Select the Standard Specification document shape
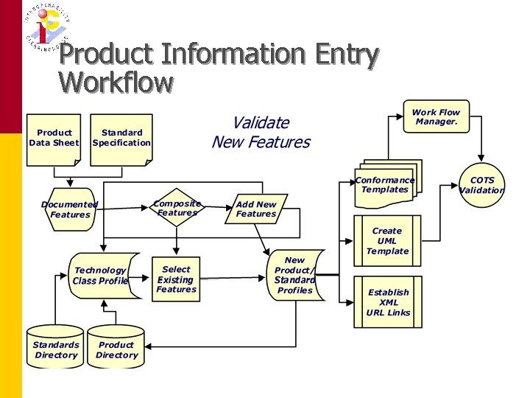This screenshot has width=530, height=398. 121,139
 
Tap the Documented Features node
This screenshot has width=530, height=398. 70,209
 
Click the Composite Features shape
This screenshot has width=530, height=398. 177,209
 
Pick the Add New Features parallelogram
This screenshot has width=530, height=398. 256,209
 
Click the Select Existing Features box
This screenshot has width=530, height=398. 176,279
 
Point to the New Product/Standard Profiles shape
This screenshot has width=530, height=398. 294,276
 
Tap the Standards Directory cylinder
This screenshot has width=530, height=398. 56,348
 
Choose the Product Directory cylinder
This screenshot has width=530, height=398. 116,348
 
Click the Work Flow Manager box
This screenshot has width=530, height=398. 436,116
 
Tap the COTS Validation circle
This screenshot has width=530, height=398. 482,185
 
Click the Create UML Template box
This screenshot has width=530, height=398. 387,241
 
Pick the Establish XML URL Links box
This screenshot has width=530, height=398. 387,302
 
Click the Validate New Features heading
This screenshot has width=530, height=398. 261,133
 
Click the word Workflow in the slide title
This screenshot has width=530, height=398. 116,82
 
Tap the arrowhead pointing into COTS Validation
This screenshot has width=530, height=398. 482,159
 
